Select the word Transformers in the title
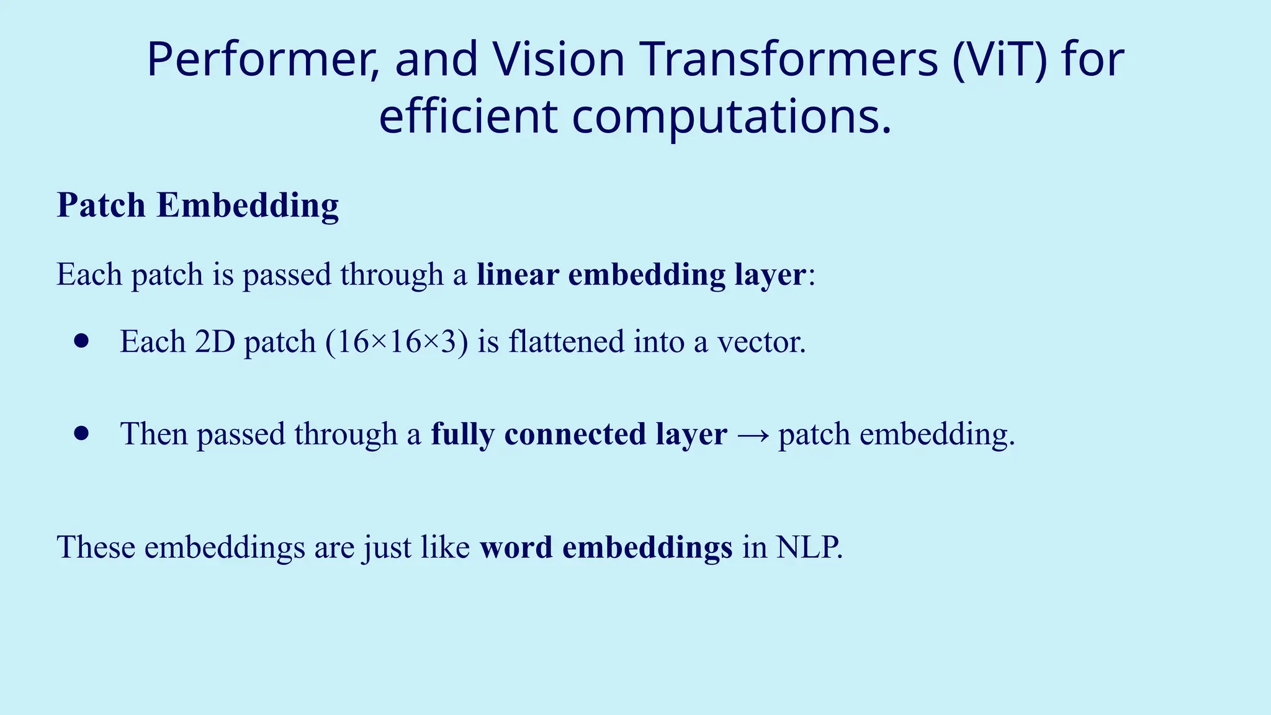click(x=788, y=60)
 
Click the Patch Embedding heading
click(x=197, y=205)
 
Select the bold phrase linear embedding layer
click(x=642, y=274)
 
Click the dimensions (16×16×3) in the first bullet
click(x=397, y=342)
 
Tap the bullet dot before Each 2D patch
click(x=81, y=341)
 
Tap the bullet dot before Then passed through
click(x=81, y=433)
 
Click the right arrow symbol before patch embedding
click(x=753, y=434)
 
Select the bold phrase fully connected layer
click(x=578, y=434)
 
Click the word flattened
click(x=566, y=342)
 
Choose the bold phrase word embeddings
click(x=606, y=547)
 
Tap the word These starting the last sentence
click(x=96, y=547)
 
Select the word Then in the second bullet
click(x=154, y=434)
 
